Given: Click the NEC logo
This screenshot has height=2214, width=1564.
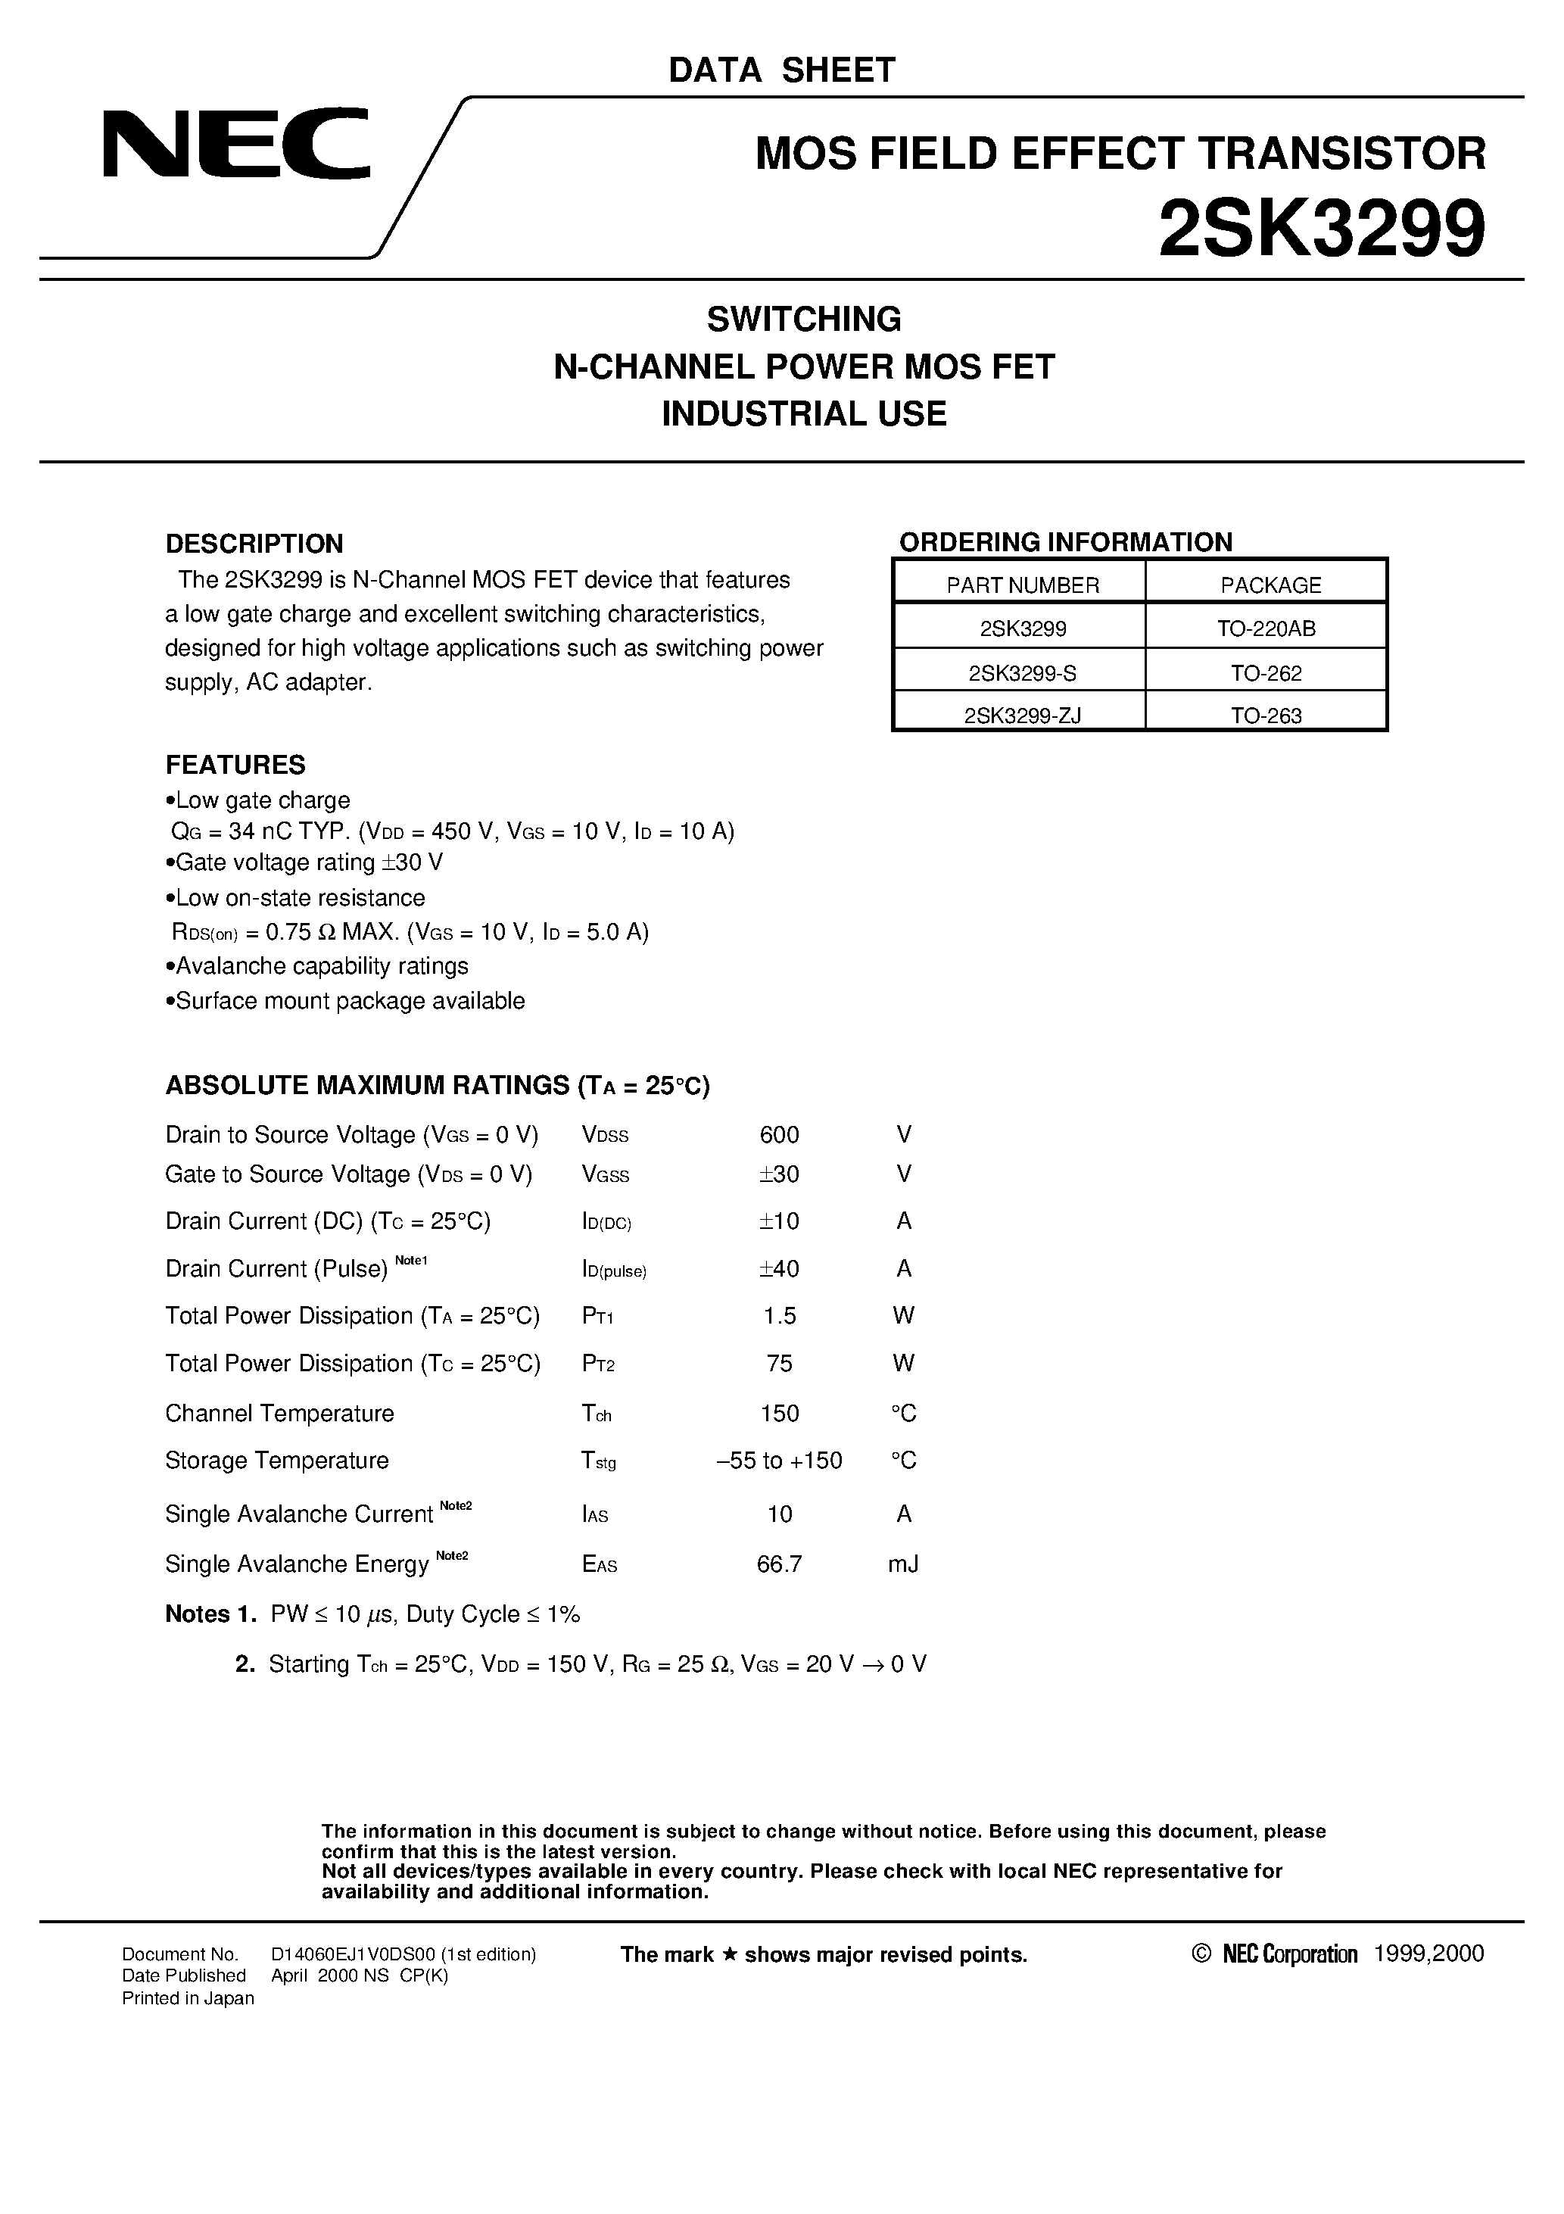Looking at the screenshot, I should [236, 144].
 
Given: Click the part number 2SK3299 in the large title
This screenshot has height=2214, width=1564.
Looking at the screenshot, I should [1321, 229].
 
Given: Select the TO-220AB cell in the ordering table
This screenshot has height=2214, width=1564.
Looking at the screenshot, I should [1265, 628].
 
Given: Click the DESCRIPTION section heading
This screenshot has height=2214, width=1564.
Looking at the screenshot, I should [254, 544].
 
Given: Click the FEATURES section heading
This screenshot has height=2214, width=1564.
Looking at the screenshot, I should [235, 765].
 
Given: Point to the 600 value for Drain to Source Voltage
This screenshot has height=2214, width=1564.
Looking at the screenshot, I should [779, 1135].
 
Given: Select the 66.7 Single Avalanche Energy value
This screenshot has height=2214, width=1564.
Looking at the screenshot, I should [779, 1564].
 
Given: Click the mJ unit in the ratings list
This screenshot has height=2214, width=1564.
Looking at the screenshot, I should [902, 1564].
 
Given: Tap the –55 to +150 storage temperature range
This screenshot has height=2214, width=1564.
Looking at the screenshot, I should [779, 1461].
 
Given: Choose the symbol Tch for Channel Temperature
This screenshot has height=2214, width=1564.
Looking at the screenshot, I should [596, 1414].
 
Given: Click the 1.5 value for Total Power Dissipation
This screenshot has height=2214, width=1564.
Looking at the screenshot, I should [779, 1316].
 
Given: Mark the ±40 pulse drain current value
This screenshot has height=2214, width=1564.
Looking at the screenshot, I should [779, 1269].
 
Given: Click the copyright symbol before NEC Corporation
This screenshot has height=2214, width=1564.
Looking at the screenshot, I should [1201, 1954].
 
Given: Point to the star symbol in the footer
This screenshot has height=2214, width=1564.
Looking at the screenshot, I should [730, 1954].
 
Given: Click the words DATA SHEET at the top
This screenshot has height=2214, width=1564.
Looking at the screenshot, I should [781, 70].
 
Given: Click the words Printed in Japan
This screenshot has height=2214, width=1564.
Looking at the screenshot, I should [188, 1998].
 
